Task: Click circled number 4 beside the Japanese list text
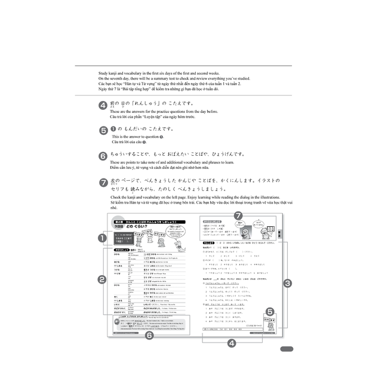tap(103, 105)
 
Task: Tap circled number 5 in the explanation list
tap(103, 130)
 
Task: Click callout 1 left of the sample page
tap(102, 238)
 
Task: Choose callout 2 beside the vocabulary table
tap(102, 279)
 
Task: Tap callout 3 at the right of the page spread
tap(287, 283)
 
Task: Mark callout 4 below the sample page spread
tap(232, 343)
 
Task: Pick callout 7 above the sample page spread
tap(238, 215)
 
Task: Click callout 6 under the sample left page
tap(149, 335)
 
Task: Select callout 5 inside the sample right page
tap(269, 311)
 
